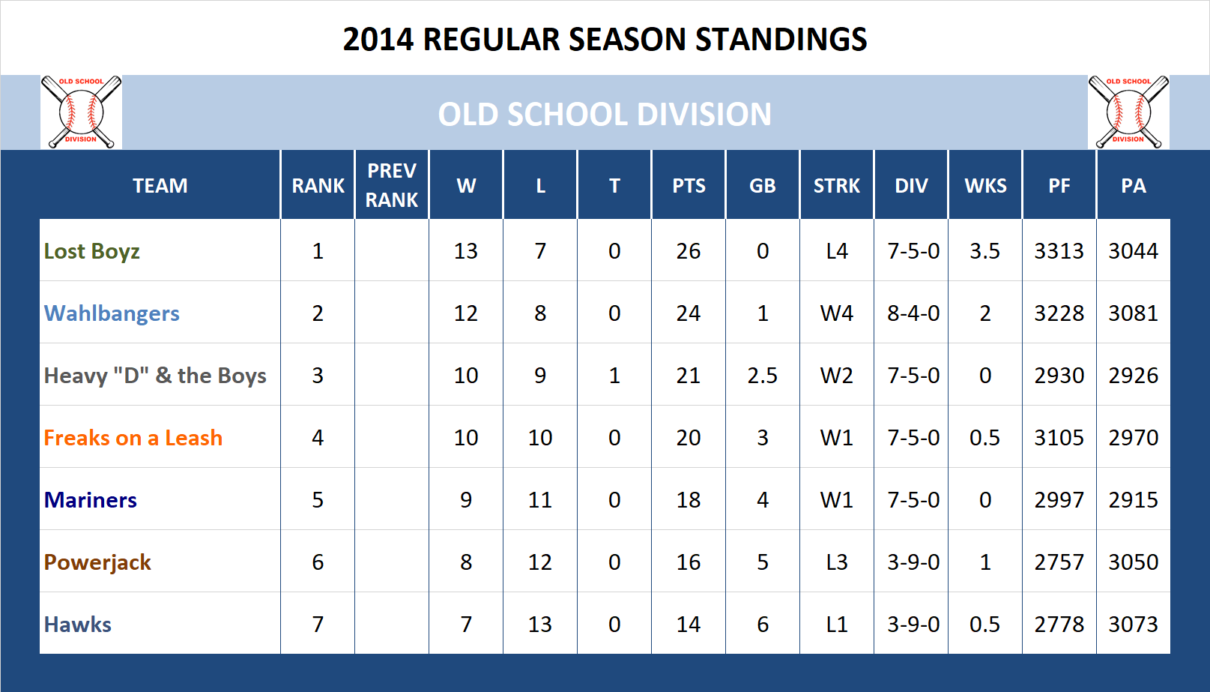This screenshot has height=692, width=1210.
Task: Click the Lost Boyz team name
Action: click(x=91, y=251)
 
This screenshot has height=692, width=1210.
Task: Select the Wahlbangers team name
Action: click(x=112, y=313)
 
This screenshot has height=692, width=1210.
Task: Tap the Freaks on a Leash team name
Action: click(x=133, y=438)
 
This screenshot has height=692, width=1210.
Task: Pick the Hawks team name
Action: click(x=77, y=625)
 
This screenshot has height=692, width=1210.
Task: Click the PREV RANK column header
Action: click(x=391, y=185)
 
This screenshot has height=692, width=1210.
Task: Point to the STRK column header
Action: click(x=836, y=186)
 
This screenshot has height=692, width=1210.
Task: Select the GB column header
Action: click(x=762, y=186)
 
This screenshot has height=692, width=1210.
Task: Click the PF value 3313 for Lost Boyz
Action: click(x=1059, y=251)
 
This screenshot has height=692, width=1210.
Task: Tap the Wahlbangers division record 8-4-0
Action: click(x=913, y=313)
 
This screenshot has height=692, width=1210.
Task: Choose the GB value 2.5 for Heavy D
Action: click(x=762, y=376)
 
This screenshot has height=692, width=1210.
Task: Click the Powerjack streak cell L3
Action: click(x=836, y=562)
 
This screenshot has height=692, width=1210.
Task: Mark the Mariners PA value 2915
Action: click(x=1133, y=500)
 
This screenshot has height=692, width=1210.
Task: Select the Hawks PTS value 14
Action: click(x=688, y=625)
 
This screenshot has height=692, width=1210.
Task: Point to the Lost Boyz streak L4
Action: click(x=836, y=251)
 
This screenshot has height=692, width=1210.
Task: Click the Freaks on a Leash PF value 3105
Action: click(x=1059, y=438)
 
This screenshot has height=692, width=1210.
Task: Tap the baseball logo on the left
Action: click(x=81, y=112)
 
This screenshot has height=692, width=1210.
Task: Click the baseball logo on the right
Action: click(x=1128, y=112)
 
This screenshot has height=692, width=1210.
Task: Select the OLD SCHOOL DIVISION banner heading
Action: click(x=605, y=115)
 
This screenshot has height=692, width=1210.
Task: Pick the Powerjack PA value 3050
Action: click(x=1133, y=562)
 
